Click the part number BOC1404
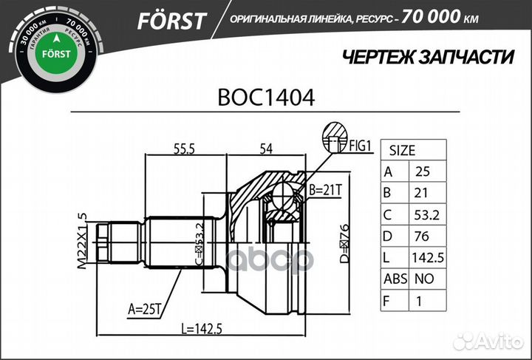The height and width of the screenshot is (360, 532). coord(265,97)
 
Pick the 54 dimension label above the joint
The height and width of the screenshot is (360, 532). coord(265,149)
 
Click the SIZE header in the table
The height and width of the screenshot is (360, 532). coord(402,149)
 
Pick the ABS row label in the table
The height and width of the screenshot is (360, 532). coord(392,280)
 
